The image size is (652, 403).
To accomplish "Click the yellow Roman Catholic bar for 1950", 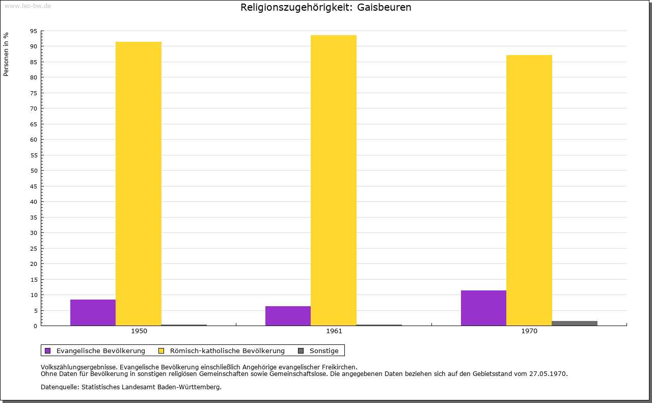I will (x=139, y=183).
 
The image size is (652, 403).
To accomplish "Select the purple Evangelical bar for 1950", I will (x=93, y=312).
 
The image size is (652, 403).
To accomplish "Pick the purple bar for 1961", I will (x=288, y=316).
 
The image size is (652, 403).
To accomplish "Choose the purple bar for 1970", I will (x=483, y=308).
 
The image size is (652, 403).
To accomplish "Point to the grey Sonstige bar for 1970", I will (x=575, y=323).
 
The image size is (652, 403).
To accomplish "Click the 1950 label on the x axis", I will (x=139, y=331).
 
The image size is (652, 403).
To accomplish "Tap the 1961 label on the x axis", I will (x=334, y=331).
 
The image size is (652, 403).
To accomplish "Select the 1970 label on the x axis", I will (x=529, y=331).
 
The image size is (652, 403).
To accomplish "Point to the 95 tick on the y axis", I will (x=34, y=31).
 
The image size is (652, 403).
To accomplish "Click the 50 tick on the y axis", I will (x=34, y=171).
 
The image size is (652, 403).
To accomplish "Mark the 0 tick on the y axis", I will (x=36, y=326).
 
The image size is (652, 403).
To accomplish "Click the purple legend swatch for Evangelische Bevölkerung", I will (x=48, y=351).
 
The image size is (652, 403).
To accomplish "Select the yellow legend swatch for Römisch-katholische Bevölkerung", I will (x=161, y=351).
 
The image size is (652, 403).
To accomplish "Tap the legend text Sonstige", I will (x=324, y=351).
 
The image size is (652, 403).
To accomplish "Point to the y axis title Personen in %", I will (x=6, y=55).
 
